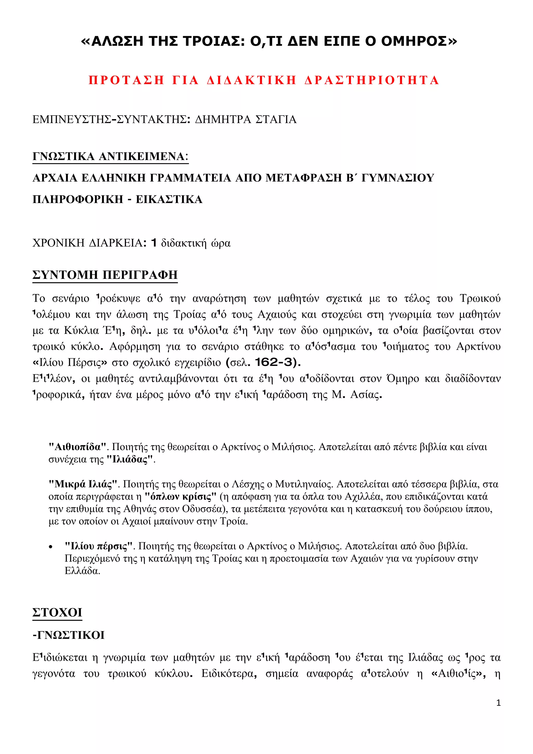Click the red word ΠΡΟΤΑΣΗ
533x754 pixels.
(x=126, y=80)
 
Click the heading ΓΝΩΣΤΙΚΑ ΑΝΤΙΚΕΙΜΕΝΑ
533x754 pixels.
(x=110, y=156)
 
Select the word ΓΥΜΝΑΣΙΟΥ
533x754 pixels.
(x=398, y=178)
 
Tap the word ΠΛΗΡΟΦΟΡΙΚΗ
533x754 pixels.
(x=78, y=199)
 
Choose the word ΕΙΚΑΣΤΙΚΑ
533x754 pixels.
(x=169, y=199)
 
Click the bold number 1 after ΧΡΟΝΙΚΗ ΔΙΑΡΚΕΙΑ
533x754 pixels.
(x=153, y=243)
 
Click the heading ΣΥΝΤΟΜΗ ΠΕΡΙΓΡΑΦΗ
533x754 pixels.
(x=105, y=274)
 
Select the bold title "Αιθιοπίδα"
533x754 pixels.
(x=78, y=447)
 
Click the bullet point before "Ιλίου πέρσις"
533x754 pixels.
(x=50, y=547)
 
